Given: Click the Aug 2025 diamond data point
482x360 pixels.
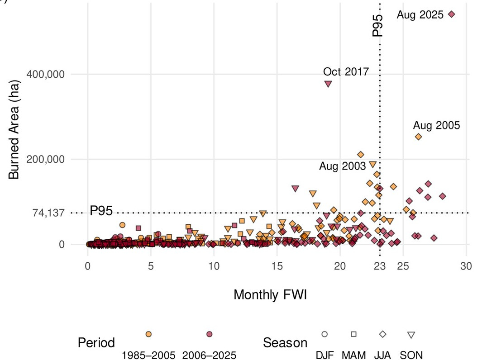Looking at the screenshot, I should pyautogui.click(x=451, y=14).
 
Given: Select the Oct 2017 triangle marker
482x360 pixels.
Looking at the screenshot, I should pyautogui.click(x=328, y=84).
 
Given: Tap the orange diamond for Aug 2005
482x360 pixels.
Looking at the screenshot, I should pyautogui.click(x=418, y=137).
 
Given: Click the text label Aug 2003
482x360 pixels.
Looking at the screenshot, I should pyautogui.click(x=342, y=166).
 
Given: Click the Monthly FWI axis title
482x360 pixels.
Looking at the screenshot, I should pyautogui.click(x=271, y=295).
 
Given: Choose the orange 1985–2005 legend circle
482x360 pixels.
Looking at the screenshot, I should pyautogui.click(x=148, y=334).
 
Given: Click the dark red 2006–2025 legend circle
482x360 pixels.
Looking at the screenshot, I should pyautogui.click(x=209, y=334).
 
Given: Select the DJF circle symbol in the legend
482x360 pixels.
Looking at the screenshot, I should pyautogui.click(x=324, y=334).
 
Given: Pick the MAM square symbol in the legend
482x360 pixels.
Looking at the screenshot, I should pyautogui.click(x=353, y=334).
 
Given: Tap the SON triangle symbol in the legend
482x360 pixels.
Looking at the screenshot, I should pyautogui.click(x=411, y=335).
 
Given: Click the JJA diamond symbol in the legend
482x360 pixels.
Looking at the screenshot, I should pyautogui.click(x=382, y=334).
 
